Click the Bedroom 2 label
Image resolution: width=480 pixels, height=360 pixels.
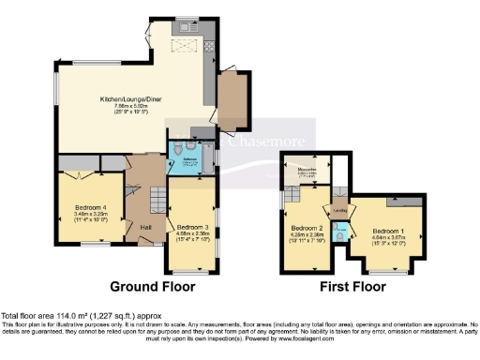[x=307, y=228]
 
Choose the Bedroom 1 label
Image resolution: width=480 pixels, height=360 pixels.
[x=388, y=230]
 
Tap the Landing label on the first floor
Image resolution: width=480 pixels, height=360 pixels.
[x=338, y=210]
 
